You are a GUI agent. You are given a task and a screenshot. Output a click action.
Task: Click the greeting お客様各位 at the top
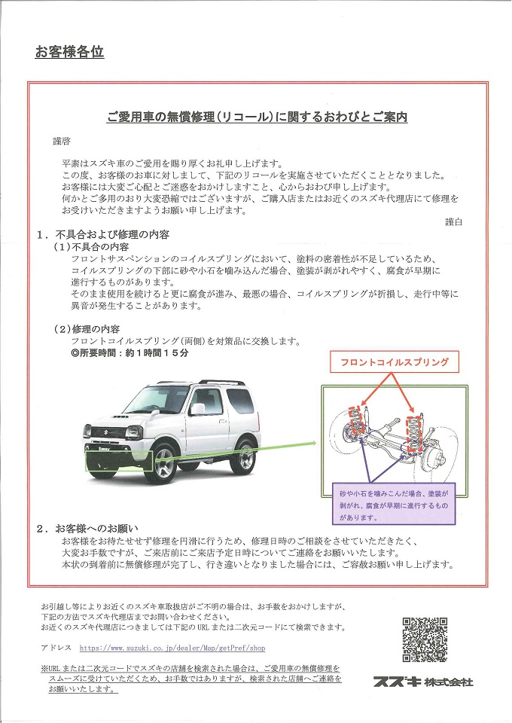[x=69, y=52]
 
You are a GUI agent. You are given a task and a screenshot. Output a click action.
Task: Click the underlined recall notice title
[x=257, y=117]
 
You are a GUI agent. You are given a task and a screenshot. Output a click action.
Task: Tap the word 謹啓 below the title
[x=61, y=141]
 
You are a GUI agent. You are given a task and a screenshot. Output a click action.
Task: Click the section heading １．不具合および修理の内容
[x=110, y=235]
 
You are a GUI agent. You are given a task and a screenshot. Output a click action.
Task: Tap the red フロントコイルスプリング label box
[x=395, y=362]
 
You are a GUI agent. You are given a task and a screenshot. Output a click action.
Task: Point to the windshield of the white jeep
[x=157, y=397]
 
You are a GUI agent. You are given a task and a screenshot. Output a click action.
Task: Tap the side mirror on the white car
[x=197, y=409]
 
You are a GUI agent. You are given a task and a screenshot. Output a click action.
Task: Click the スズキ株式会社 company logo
[x=423, y=682]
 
